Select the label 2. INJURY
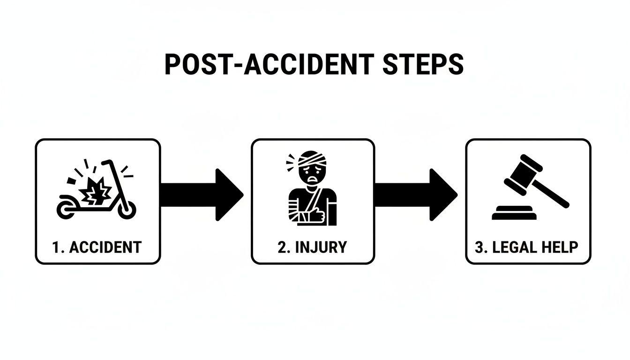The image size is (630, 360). coord(312,247)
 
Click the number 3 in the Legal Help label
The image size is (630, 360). coord(479,247)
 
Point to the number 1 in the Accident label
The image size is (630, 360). coord(56,247)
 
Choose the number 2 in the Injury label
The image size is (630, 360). coord(282,247)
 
